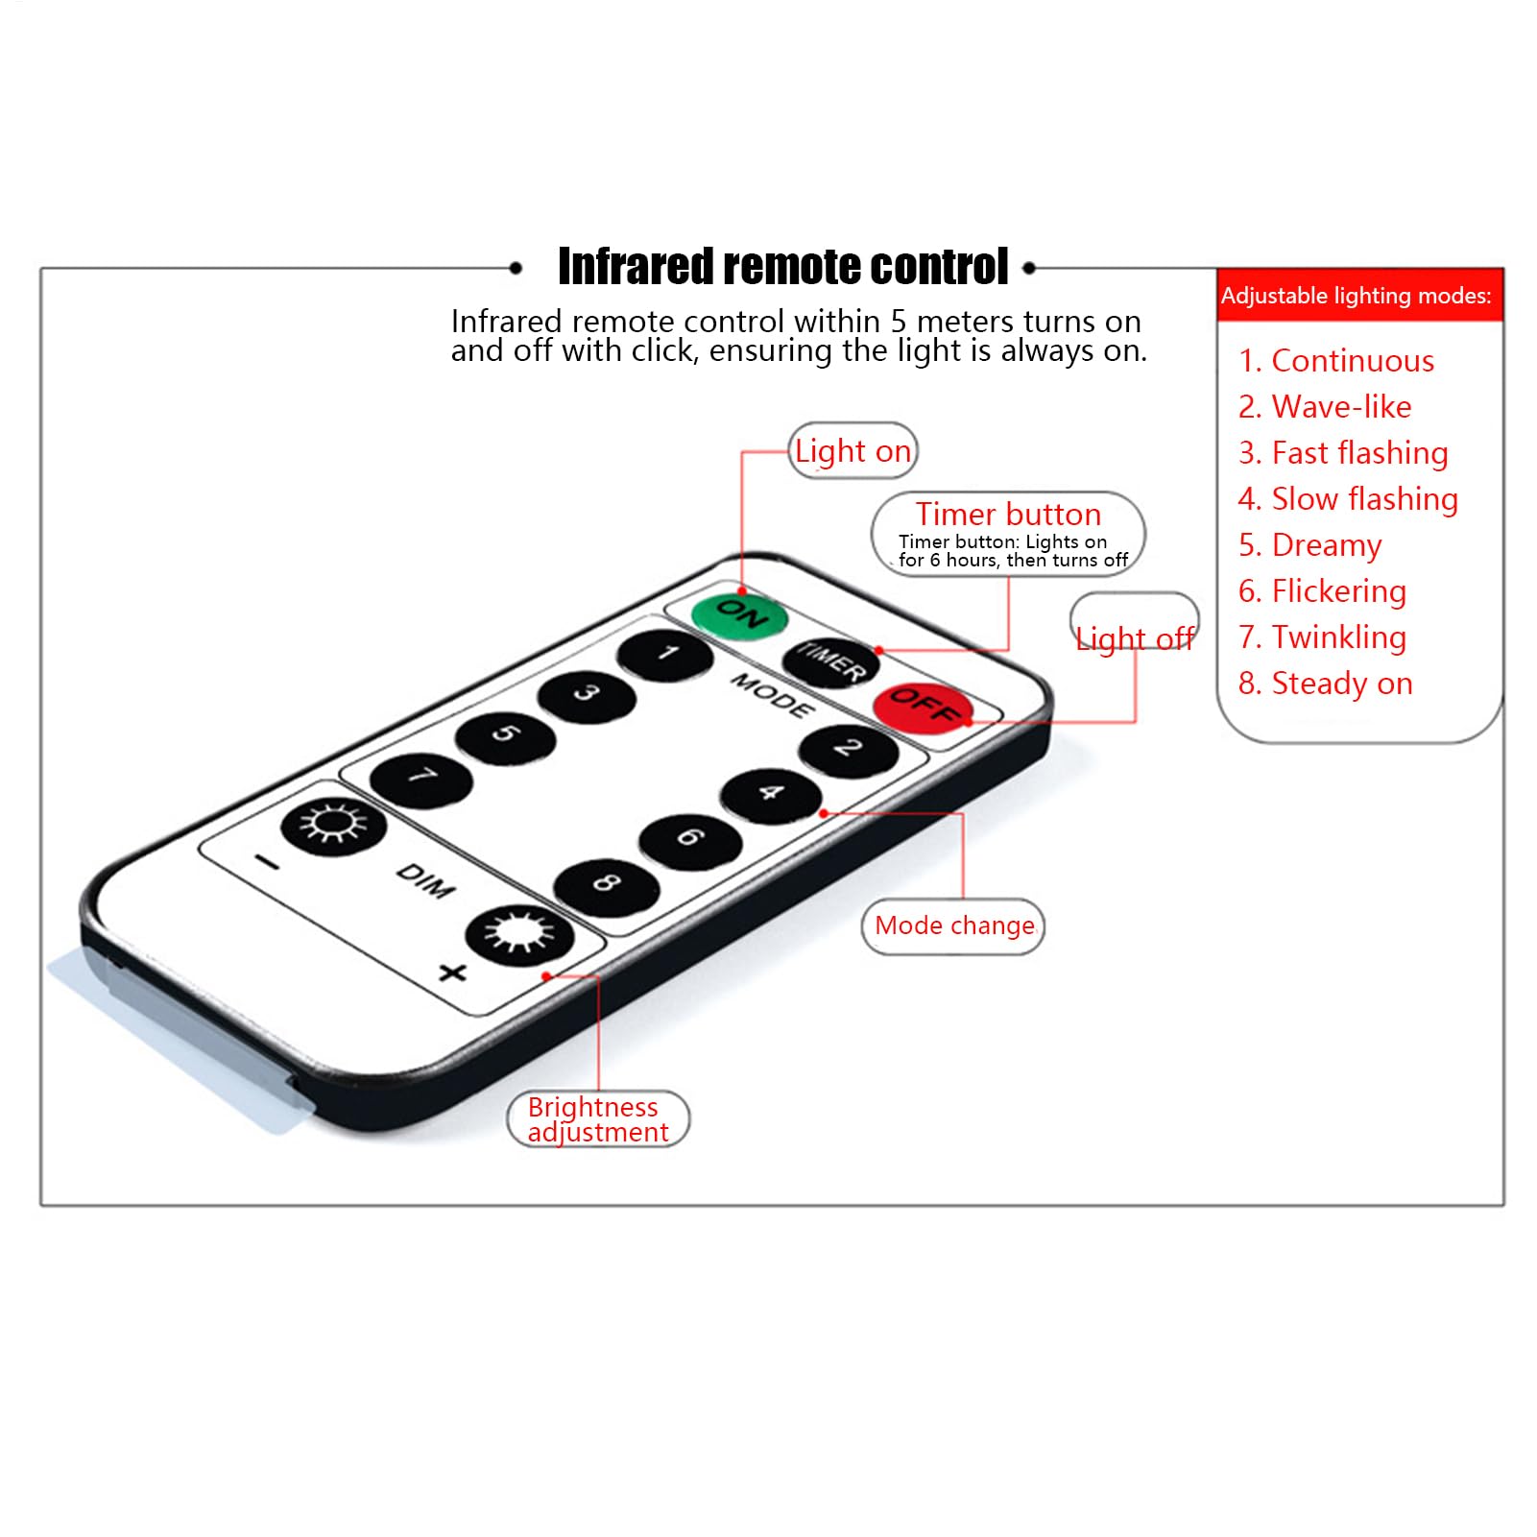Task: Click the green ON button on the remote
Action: click(x=739, y=614)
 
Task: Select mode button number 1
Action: click(x=665, y=656)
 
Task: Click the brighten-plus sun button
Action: click(x=519, y=935)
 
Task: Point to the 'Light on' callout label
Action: click(x=853, y=451)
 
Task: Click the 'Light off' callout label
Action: click(x=1135, y=638)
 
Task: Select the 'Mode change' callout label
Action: click(x=954, y=926)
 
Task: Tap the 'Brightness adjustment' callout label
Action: click(x=598, y=1119)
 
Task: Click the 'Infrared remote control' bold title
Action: click(x=782, y=266)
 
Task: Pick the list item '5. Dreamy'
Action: click(x=1309, y=545)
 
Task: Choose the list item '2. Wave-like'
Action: click(x=1325, y=407)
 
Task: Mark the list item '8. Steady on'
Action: click(x=1326, y=684)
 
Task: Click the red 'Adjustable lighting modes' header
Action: click(x=1359, y=295)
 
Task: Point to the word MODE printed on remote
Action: click(x=773, y=696)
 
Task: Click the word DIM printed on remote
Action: click(x=425, y=880)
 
